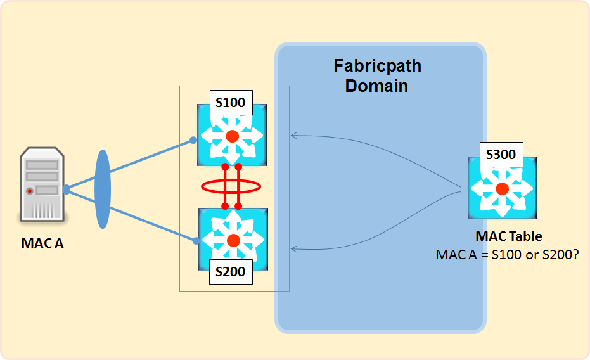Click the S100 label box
pos(230,103)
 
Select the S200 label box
pos(230,272)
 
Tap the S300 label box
pos(501,153)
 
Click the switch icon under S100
pos(232,136)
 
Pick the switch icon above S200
pos(233,240)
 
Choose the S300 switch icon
pos(502,188)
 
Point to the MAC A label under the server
pos(42,242)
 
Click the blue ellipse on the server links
pos(103,189)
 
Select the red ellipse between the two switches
pos(231,186)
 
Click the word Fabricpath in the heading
pos(377,66)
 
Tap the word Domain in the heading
pos(376,86)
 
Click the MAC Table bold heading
pos(509,236)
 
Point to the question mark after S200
pos(578,255)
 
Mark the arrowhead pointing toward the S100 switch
pos(292,135)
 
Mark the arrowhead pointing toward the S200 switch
pos(292,248)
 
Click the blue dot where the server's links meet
pos(67,189)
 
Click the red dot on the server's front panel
pos(29,190)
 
